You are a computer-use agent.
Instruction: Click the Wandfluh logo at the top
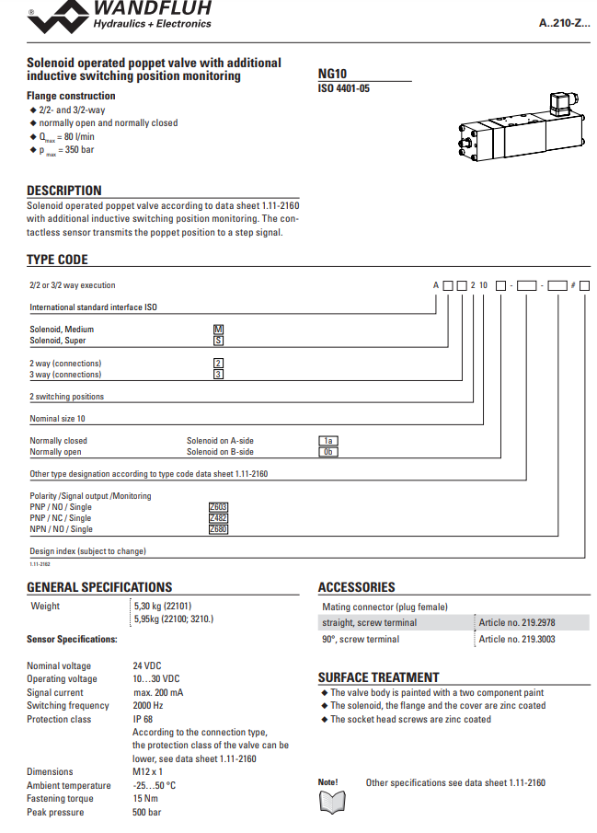(119, 17)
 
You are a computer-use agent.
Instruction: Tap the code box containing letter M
(218, 329)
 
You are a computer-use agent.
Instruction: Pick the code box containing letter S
(218, 340)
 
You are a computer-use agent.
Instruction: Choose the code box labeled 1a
(327, 441)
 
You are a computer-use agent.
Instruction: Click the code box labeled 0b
(327, 452)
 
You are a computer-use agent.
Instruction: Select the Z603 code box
(218, 507)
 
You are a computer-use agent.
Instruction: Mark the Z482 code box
(218, 518)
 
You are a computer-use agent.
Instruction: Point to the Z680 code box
(218, 529)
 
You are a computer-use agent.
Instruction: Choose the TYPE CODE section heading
(57, 260)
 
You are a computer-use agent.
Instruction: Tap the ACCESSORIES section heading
(356, 586)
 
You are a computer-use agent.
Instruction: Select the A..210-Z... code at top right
(564, 22)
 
